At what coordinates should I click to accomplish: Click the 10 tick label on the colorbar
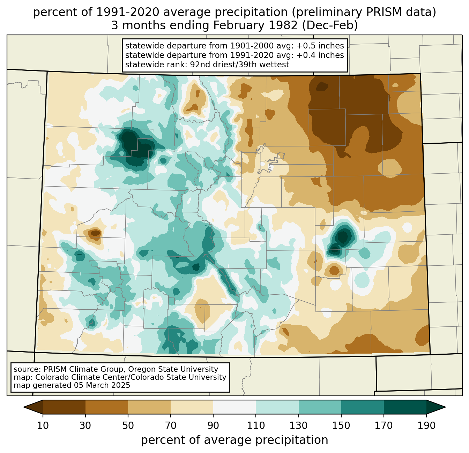pos(43,426)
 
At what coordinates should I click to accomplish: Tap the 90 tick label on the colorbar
pos(213,426)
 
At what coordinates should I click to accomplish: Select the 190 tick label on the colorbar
pos(426,426)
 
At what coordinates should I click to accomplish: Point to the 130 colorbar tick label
pos(299,426)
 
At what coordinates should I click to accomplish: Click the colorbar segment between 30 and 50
pos(107,407)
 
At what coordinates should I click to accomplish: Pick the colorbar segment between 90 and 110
pos(234,407)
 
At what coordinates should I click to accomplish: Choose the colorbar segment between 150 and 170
pos(363,407)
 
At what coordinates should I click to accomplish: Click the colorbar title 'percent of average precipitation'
pos(234,440)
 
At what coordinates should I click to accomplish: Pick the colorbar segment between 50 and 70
pos(149,407)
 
